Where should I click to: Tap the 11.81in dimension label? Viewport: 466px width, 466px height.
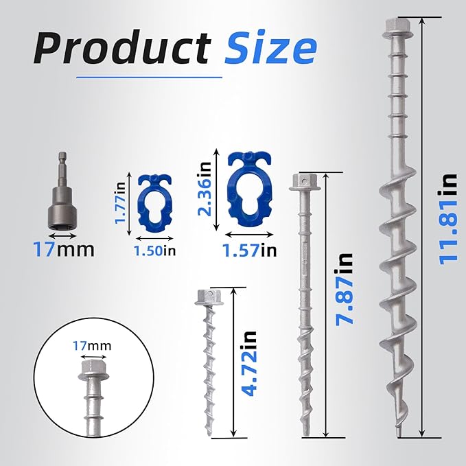pyautogui.click(x=449, y=218)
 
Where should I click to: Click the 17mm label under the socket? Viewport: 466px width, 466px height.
pyautogui.click(x=63, y=248)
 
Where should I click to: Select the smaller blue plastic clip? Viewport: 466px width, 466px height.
pyautogui.click(x=154, y=200)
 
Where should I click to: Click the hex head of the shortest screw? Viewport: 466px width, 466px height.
pyautogui.click(x=207, y=297)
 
